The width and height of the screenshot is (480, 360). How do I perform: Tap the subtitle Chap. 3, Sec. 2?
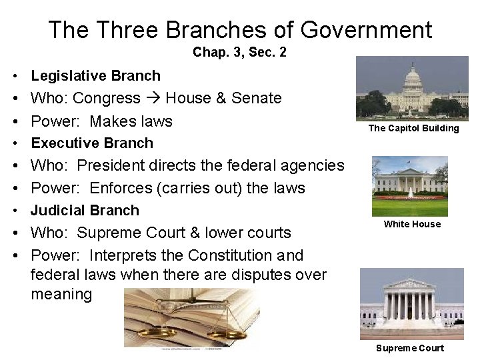[x=239, y=53]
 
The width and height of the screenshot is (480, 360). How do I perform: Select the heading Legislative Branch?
[x=96, y=76]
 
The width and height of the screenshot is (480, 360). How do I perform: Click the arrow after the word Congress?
[x=153, y=99]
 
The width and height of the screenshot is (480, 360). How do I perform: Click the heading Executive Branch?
[x=92, y=143]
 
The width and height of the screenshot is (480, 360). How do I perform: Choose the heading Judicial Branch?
[x=85, y=211]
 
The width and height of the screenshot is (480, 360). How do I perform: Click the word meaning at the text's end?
[x=61, y=294]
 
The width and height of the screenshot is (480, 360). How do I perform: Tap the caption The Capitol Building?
[x=413, y=129]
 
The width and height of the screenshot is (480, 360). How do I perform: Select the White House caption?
[x=412, y=225]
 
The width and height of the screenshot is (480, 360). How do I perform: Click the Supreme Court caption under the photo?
[x=410, y=348]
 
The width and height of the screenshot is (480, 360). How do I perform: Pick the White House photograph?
[x=409, y=178]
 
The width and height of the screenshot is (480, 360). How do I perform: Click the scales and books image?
[x=191, y=318]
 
